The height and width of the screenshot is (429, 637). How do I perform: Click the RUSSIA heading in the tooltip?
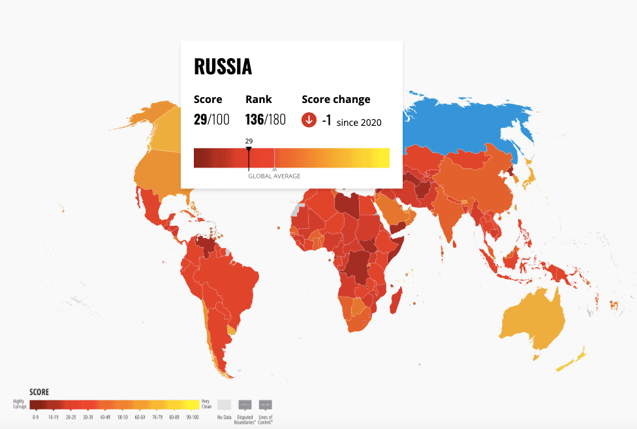[x=223, y=67]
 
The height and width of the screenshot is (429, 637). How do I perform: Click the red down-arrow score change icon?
[x=309, y=120]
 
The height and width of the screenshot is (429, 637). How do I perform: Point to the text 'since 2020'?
[x=359, y=122]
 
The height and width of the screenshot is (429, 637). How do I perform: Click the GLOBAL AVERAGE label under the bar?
[x=274, y=176]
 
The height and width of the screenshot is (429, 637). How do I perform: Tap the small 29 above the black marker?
[x=249, y=141]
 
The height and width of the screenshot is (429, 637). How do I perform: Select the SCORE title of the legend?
[x=39, y=392]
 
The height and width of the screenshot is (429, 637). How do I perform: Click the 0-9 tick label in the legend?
[x=35, y=417]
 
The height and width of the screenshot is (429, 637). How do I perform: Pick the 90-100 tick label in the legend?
[x=191, y=417]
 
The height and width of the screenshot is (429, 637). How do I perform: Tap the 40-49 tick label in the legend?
[x=104, y=417]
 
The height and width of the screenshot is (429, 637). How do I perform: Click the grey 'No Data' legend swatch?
[x=224, y=404]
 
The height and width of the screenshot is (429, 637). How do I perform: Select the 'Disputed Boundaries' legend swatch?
[x=245, y=404]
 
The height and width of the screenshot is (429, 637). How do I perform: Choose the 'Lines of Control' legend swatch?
[x=266, y=404]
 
